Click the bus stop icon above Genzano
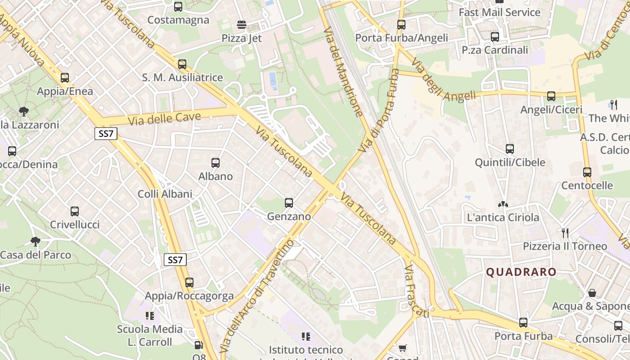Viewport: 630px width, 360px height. coord(289,203)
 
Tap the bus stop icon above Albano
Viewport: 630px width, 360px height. coord(216,163)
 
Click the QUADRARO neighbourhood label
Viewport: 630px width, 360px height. coord(521,272)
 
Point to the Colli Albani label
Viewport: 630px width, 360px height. coord(165,194)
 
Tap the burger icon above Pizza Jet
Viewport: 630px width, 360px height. coord(242,24)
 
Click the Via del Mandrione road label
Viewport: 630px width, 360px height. coord(343,72)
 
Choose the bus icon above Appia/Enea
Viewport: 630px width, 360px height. coord(65,78)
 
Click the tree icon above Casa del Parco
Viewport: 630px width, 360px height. coord(36,242)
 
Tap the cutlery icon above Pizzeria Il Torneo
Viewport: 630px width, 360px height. coord(565,233)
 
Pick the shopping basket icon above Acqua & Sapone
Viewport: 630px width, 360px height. coord(592,293)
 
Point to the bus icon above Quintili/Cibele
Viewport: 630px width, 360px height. coord(510,148)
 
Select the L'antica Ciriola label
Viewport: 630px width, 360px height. coord(503,218)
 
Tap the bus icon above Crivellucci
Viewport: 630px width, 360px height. coord(75,211)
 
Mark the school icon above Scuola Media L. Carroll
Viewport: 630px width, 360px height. coord(150,315)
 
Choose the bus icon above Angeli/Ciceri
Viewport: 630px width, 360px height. coord(551,96)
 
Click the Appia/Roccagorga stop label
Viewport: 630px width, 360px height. coord(189,296)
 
